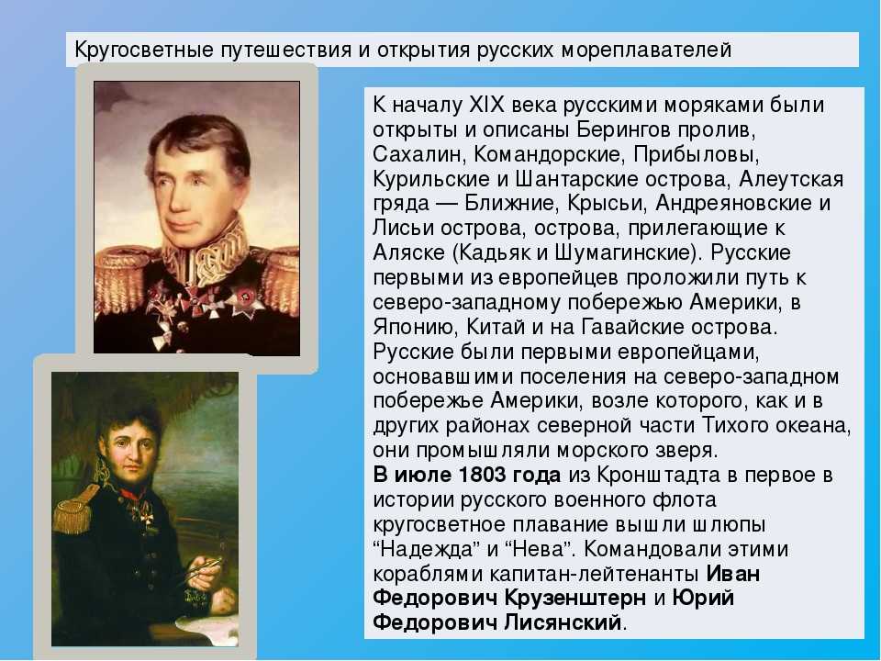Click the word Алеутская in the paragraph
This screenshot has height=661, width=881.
(x=791, y=179)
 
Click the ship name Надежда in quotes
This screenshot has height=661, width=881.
(x=426, y=549)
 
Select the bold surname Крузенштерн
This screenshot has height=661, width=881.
(x=574, y=598)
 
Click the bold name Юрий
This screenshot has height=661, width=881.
(x=703, y=598)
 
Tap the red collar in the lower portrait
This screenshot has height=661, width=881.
(x=132, y=495)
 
